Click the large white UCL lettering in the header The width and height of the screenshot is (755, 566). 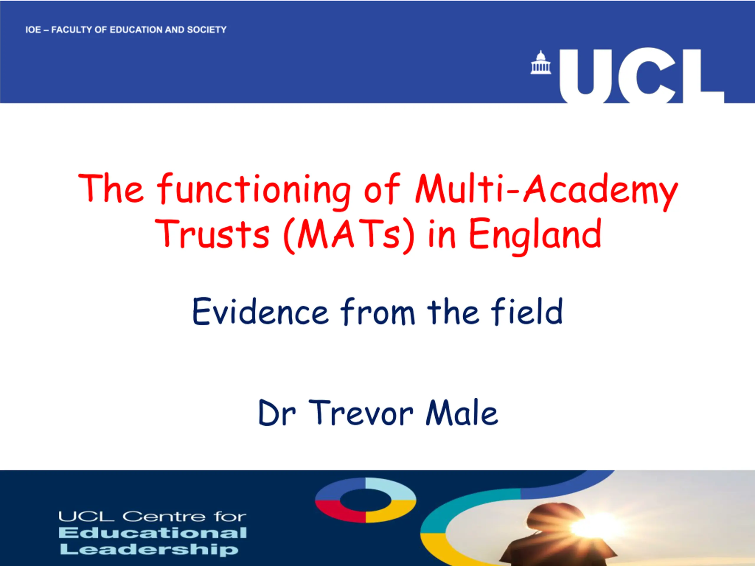tap(641, 76)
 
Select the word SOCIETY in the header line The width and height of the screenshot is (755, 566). tap(207, 30)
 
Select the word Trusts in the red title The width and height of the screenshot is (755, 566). tap(212, 234)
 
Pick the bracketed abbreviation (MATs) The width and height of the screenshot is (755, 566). tap(349, 236)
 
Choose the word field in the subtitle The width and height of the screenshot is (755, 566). tap(527, 310)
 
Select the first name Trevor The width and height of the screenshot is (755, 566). tap(362, 413)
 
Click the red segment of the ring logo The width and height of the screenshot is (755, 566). tap(336, 512)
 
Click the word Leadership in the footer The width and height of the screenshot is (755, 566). tap(149, 549)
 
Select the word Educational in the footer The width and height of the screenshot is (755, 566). tap(152, 533)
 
